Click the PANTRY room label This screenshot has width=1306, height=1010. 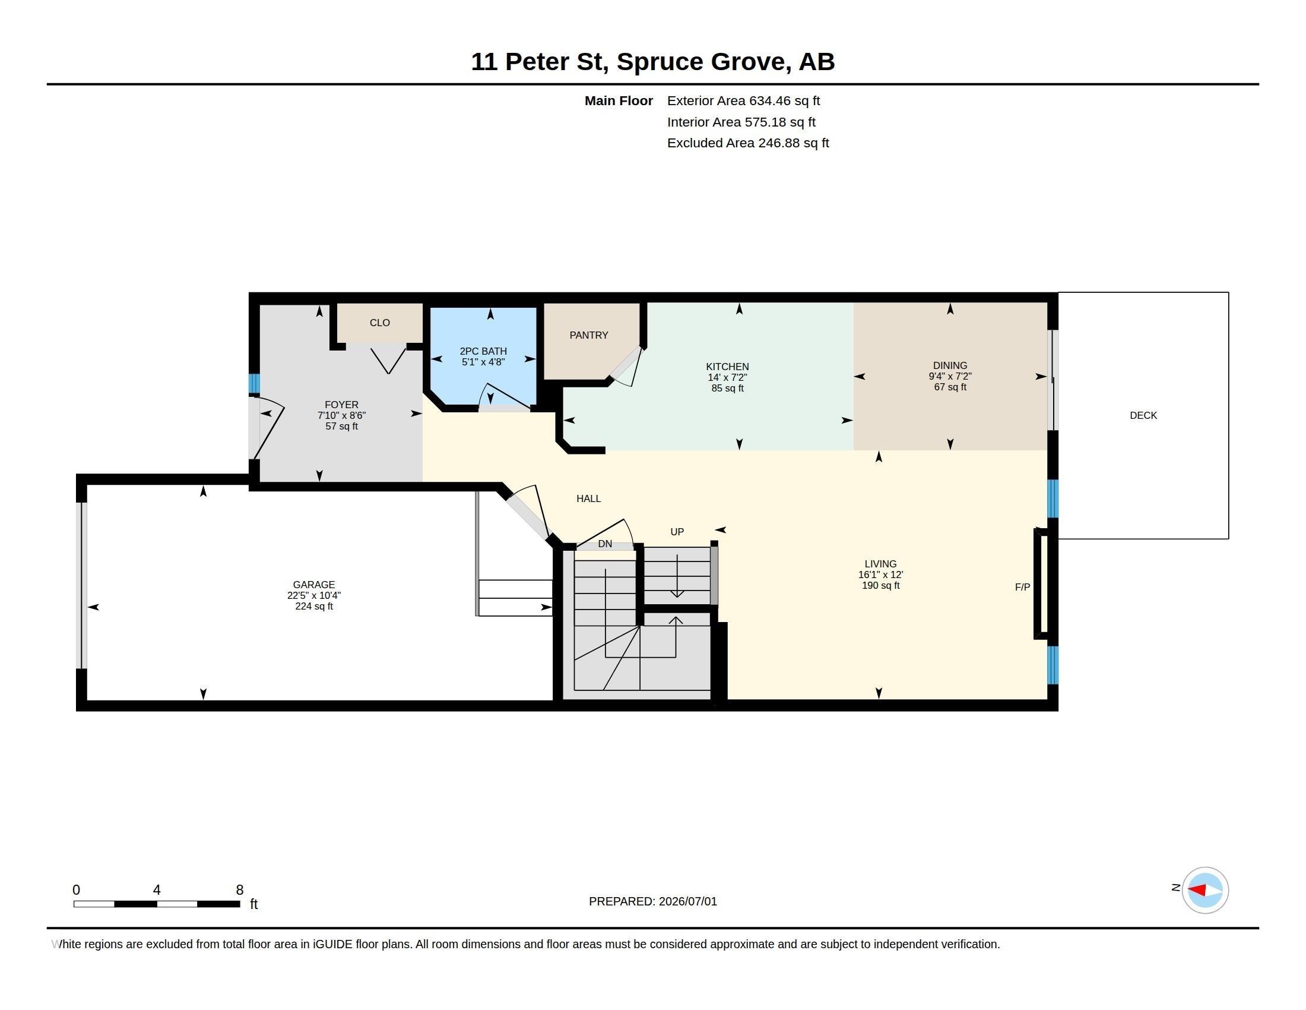588,335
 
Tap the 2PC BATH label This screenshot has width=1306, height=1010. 483,351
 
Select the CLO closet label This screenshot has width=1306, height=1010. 380,323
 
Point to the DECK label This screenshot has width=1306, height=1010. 1143,415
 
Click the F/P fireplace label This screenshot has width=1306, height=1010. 1023,587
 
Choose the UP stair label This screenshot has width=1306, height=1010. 677,531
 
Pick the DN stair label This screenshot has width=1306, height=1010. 605,543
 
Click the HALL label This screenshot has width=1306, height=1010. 588,498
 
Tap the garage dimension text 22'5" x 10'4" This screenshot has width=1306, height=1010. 314,595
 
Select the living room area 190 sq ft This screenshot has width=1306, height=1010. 880,585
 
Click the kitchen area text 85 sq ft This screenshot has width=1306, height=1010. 727,389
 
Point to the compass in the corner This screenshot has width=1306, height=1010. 1205,890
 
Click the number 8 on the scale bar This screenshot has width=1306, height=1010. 240,890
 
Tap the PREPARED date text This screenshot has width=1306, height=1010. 653,901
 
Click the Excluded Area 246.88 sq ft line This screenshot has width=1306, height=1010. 748,143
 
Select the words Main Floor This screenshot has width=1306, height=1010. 619,100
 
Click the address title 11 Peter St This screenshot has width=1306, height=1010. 540,62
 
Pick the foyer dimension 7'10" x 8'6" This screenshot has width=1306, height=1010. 341,415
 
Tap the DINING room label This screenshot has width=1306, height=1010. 950,365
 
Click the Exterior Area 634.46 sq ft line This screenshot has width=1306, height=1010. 744,101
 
